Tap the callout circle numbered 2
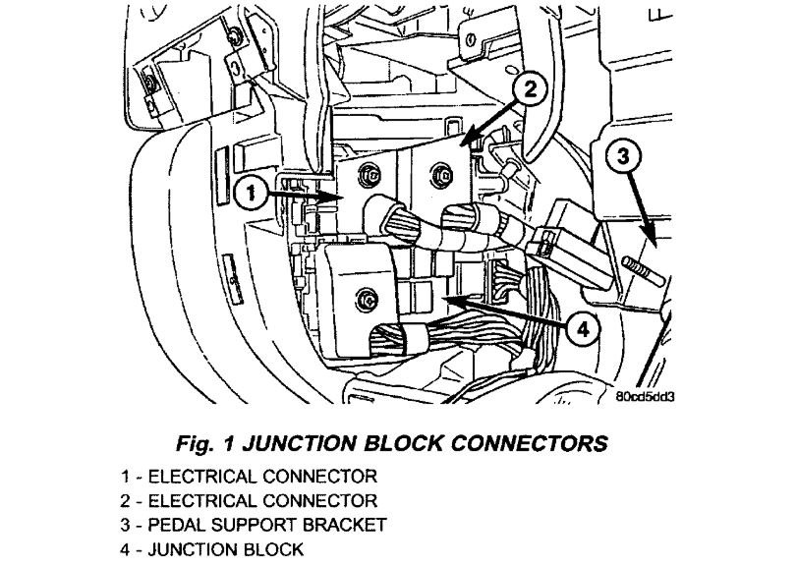pyautogui.click(x=528, y=90)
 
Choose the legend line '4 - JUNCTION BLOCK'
pyautogui.click(x=212, y=549)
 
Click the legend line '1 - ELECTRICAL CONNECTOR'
pyautogui.click(x=249, y=477)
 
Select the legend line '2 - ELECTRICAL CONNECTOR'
pyautogui.click(x=249, y=500)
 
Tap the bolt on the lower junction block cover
pyautogui.click(x=367, y=297)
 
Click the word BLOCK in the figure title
pyautogui.click(x=400, y=443)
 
